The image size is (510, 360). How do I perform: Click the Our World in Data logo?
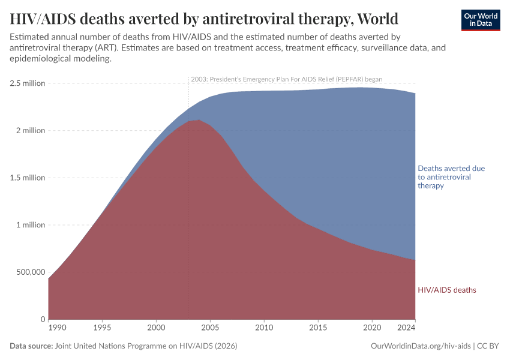[x=480, y=20]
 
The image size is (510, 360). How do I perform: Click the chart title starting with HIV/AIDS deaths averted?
[x=204, y=19]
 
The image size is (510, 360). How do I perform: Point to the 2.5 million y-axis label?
[x=28, y=83]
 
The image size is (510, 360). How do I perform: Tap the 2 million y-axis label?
[x=30, y=131]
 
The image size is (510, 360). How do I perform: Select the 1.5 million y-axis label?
[x=28, y=178]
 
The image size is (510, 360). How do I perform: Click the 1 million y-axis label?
[x=30, y=225]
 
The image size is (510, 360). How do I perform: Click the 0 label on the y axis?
[x=43, y=319]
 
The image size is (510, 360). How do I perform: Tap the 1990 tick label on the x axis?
[x=57, y=328]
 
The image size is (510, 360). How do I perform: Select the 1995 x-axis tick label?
[x=102, y=328]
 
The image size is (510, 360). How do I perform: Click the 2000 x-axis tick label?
[x=156, y=328]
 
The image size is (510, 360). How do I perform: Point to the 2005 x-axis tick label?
[x=210, y=328]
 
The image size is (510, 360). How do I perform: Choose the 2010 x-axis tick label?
[x=264, y=328]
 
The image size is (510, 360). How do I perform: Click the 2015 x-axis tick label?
[x=318, y=328]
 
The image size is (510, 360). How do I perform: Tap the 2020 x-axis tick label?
[x=372, y=328]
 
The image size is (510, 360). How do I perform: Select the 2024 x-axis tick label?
[x=406, y=328]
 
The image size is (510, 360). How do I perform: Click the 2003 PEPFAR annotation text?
[x=286, y=79]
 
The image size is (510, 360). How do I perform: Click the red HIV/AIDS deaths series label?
[x=447, y=290]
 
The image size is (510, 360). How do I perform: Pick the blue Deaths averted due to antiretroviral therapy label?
[x=451, y=177]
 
